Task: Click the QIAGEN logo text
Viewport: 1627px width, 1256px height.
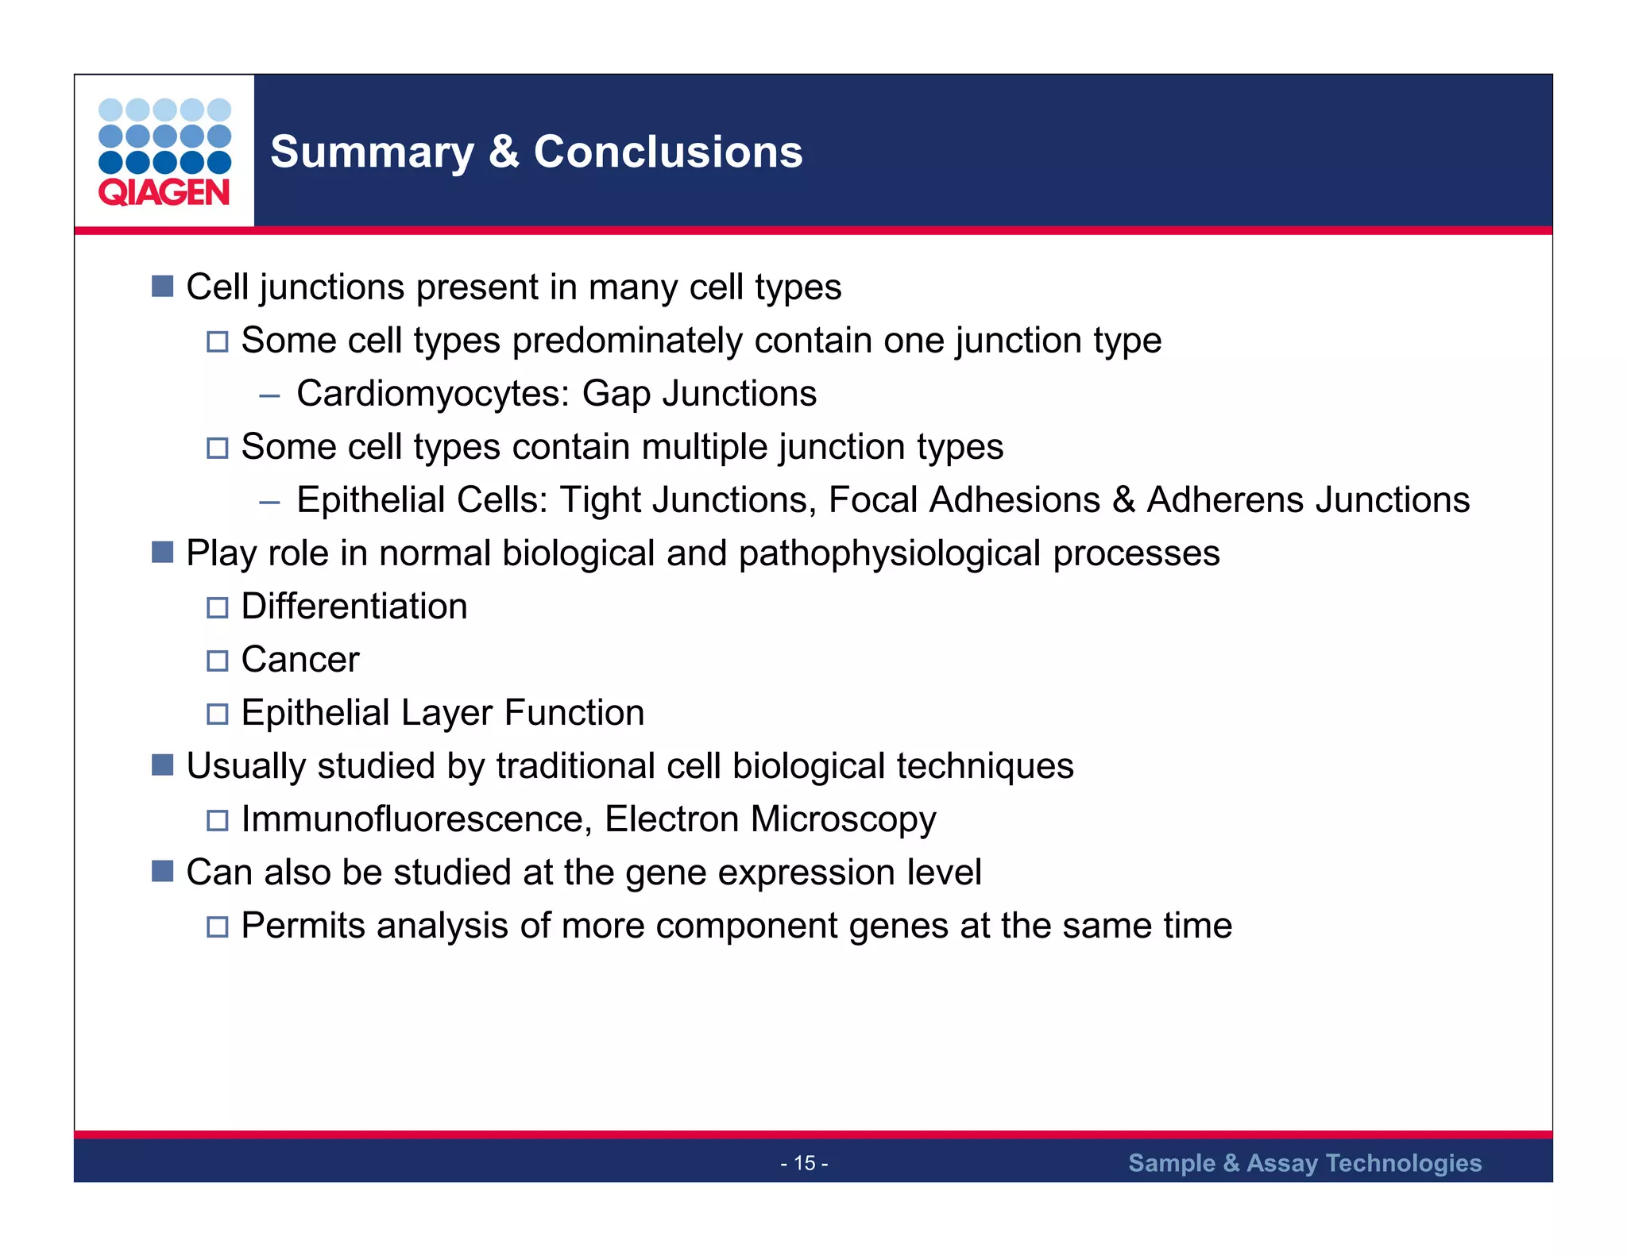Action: (164, 193)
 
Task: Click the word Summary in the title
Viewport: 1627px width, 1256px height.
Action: (372, 152)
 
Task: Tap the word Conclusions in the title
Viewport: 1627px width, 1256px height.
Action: (668, 152)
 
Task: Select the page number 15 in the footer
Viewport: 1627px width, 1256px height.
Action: (804, 1163)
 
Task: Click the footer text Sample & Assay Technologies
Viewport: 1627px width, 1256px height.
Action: (1304, 1163)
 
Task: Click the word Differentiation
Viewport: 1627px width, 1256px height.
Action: (354, 607)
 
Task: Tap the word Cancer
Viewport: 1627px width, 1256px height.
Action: (300, 660)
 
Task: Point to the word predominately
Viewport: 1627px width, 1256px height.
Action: (628, 341)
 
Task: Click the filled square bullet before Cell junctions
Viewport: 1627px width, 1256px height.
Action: (162, 287)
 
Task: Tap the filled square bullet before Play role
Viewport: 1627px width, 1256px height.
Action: (162, 553)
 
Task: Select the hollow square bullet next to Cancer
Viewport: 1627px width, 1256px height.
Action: (217, 661)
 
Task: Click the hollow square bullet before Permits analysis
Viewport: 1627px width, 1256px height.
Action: (217, 927)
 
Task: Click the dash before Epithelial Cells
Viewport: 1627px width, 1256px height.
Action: (269, 502)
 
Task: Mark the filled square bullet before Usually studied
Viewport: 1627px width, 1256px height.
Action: (162, 765)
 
